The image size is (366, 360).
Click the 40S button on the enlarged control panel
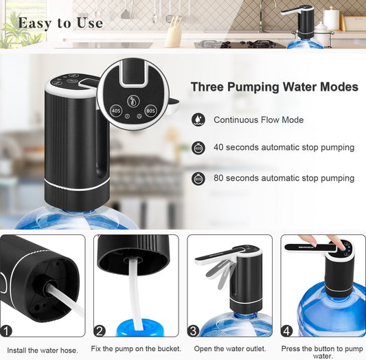[116, 111]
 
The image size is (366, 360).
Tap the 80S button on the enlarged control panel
[150, 111]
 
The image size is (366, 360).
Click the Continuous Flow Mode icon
[198, 120]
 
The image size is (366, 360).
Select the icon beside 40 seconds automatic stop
[198, 148]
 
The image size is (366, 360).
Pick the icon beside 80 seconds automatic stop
[198, 179]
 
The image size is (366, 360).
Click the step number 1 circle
[5, 331]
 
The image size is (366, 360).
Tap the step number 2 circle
[100, 331]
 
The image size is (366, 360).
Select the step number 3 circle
[193, 331]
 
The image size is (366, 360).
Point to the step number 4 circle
[286, 331]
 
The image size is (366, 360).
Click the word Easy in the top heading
[35, 23]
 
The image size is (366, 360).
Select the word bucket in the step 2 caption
[169, 348]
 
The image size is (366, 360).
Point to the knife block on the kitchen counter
[174, 32]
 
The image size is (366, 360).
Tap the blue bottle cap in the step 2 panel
[140, 328]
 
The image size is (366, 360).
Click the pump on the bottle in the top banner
[301, 21]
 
